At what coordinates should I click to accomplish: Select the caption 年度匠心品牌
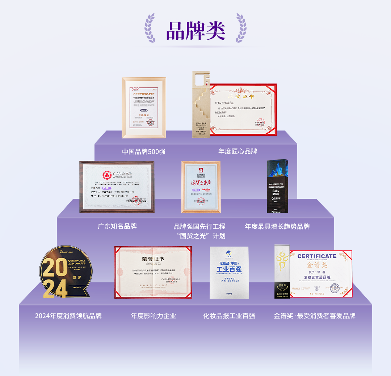pos(238,151)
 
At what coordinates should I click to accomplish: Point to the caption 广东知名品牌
pos(117,226)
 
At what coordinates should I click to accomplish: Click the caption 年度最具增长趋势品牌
pos(277,227)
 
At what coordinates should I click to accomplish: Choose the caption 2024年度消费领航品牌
pos(68,316)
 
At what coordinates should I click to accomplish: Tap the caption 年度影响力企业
pos(154,316)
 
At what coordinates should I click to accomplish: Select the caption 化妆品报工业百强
pos(229,316)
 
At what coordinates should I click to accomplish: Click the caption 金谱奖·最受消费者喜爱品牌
pos(315,316)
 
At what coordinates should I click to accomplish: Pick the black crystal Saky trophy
pos(277,186)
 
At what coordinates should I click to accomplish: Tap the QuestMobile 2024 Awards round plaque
pos(66,272)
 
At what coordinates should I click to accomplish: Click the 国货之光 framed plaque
pos(201,187)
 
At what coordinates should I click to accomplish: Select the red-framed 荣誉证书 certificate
pos(153,272)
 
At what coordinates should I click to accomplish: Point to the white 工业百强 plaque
pos(229,273)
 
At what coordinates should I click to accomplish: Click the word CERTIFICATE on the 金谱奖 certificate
pos(317,256)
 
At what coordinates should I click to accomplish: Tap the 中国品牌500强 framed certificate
pos(144,107)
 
